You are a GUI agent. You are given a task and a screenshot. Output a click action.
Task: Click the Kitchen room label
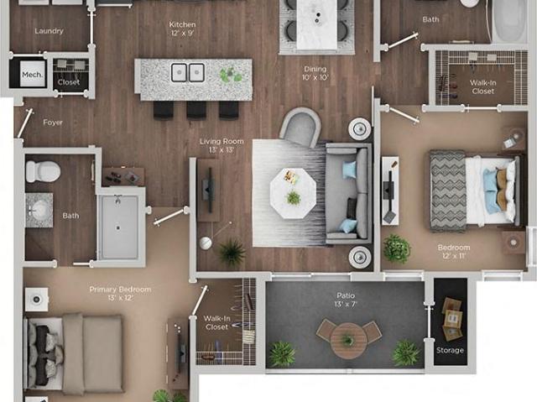(182, 24)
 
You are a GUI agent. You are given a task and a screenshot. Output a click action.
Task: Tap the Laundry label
(49, 31)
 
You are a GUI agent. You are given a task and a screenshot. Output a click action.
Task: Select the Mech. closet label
(32, 75)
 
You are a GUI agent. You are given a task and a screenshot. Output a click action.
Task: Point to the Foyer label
(53, 123)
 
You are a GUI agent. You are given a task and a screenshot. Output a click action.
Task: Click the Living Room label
(222, 142)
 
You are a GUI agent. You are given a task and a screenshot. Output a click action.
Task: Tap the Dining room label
(315, 71)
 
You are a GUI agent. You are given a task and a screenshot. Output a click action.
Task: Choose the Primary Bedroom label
(120, 290)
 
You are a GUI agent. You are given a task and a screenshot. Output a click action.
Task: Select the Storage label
(450, 350)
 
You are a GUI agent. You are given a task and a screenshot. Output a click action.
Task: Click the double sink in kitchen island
(188, 73)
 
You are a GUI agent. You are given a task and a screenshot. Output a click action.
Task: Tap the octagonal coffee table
(292, 192)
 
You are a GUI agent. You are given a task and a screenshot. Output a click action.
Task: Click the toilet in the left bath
(43, 172)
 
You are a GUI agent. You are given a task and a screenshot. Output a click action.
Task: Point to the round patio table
(347, 340)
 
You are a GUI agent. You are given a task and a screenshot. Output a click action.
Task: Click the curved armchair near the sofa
(301, 128)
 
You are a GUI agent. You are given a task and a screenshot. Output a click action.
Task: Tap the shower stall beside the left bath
(120, 225)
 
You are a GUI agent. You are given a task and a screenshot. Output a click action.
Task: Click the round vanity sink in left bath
(38, 210)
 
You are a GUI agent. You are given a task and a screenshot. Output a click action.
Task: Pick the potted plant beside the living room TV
(231, 251)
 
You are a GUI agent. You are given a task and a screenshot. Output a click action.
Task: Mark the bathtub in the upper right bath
(509, 21)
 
